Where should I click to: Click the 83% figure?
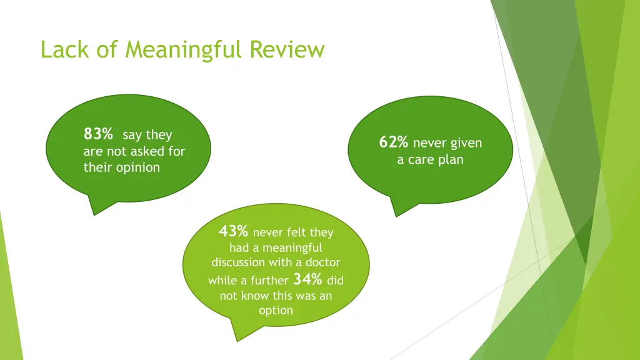click(98, 134)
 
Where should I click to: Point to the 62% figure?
click(393, 142)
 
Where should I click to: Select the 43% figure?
click(233, 231)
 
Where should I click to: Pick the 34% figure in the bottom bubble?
click(307, 279)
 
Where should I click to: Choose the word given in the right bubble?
click(466, 144)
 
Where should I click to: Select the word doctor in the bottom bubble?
click(322, 262)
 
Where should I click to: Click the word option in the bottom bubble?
click(275, 310)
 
